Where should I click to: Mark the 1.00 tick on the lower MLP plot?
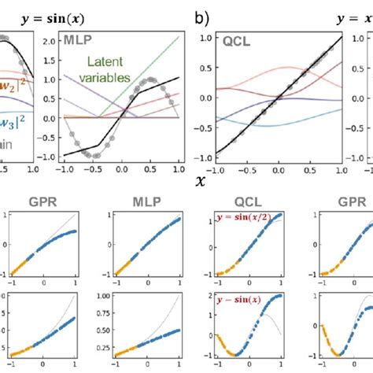click(103, 296)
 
